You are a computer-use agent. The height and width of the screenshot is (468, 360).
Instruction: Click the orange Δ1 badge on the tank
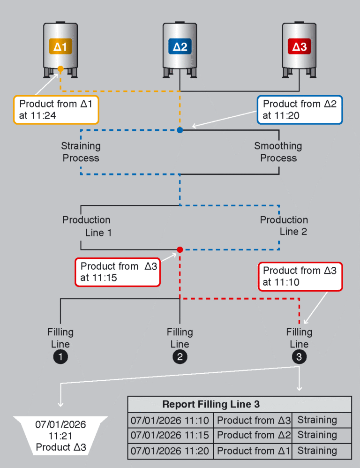60,47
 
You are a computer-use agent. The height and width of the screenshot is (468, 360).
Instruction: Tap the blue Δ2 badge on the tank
180,47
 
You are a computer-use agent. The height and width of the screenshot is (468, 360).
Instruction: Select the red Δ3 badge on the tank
299,47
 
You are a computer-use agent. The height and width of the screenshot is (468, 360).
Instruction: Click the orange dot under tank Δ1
60,69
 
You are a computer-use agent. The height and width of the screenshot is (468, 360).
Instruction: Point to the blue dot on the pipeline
180,130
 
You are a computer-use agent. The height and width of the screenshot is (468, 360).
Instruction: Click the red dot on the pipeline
180,250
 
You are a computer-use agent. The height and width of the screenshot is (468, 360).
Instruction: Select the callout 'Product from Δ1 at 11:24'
56,110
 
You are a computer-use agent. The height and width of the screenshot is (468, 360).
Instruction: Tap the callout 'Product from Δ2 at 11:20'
300,110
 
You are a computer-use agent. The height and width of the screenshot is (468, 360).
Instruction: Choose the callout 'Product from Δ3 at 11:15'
117,272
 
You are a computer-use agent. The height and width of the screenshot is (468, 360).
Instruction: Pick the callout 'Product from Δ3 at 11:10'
300,276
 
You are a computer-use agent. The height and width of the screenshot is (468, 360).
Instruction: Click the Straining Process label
81,152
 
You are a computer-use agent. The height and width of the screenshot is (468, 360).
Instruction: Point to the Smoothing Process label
278,152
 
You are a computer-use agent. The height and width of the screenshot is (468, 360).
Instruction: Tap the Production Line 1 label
87,226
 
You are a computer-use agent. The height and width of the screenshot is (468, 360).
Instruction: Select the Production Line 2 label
284,226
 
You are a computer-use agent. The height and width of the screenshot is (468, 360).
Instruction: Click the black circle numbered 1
60,357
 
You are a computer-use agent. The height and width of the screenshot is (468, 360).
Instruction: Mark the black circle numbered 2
180,357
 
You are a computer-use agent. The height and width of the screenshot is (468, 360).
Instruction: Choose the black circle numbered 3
300,357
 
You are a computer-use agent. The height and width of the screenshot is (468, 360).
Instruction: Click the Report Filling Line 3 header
211,404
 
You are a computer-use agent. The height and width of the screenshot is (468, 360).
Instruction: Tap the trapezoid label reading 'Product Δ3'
60,436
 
